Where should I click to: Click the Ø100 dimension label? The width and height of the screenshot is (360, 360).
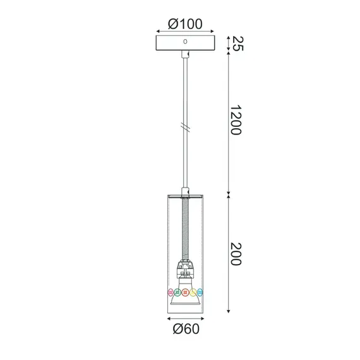pyautogui.click(x=185, y=23)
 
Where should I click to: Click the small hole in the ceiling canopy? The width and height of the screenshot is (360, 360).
pyautogui.click(x=185, y=42)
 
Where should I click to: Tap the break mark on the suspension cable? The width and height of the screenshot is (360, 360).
pyautogui.click(x=184, y=126)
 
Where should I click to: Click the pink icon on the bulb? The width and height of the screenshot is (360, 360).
pyautogui.click(x=170, y=292)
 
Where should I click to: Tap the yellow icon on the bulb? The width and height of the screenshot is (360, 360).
pyautogui.click(x=193, y=292)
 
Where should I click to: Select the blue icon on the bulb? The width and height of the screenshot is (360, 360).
pyautogui.click(x=200, y=292)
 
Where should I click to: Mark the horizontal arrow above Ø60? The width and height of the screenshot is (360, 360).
pyautogui.click(x=185, y=318)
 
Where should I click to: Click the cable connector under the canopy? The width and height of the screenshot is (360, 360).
pyautogui.click(x=184, y=57)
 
